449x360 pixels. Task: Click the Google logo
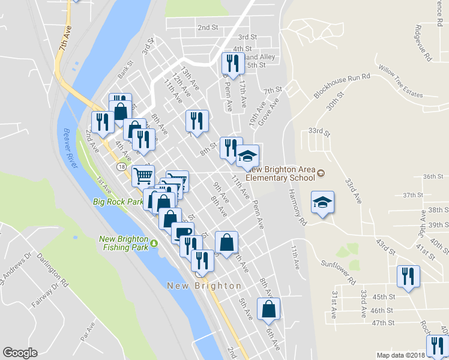pos(20,353)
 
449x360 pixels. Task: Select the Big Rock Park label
pos(118,202)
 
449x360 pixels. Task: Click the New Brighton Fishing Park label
pos(123,243)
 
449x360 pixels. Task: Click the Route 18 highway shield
pos(122,166)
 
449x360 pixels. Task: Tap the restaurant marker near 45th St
pos(408,277)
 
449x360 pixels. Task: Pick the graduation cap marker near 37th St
pos(322,203)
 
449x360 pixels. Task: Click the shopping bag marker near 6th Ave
pos(268,309)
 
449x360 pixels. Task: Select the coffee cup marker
pos(182,232)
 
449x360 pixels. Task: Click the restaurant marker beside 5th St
pos(231,64)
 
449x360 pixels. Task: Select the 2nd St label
pos(208,28)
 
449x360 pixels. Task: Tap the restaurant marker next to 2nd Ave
pos(102,122)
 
